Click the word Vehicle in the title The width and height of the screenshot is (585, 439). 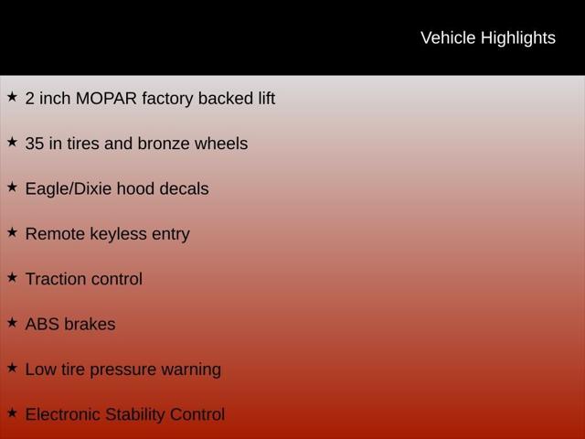[x=448, y=37]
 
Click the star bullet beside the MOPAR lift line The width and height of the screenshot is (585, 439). [x=12, y=96]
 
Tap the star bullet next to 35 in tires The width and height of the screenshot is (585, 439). [x=12, y=142]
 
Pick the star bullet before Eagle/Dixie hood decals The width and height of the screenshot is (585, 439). [x=12, y=187]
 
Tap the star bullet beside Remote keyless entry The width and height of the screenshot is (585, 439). [x=12, y=232]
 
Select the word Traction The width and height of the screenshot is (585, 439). [x=55, y=279]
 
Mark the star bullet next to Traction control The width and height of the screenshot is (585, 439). [x=12, y=277]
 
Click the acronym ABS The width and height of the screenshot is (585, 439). [x=42, y=324]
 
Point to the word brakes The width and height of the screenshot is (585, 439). [x=90, y=324]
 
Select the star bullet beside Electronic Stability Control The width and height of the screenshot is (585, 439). [x=12, y=412]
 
